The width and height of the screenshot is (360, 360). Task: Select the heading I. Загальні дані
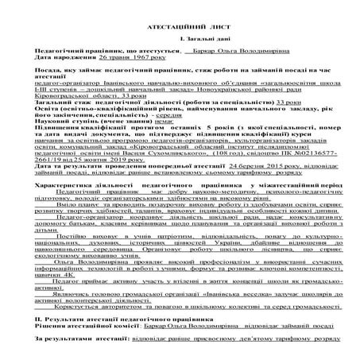click(x=179, y=39)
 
